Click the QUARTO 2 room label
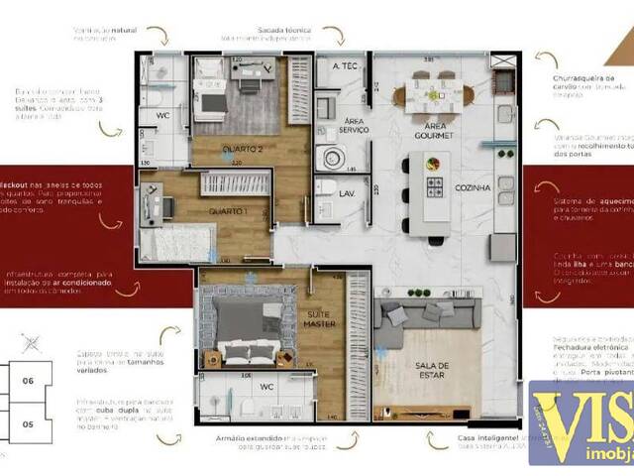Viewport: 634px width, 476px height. (x=242, y=151)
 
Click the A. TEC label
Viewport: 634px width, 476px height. (x=345, y=67)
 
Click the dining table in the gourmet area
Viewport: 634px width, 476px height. (x=434, y=95)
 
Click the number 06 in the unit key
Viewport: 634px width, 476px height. (x=28, y=381)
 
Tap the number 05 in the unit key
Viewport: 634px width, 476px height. (x=28, y=424)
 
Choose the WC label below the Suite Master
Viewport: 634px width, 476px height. (x=266, y=386)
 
